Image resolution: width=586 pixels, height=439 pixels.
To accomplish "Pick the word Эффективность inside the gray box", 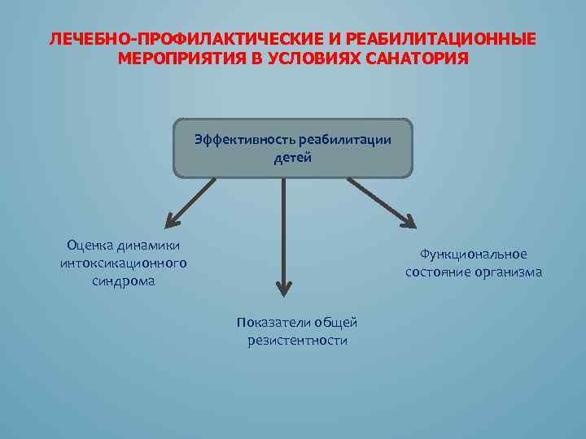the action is (244, 139).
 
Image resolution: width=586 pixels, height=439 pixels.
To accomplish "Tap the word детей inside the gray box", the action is (293, 157).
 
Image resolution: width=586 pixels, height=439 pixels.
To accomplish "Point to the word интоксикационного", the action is (123, 263).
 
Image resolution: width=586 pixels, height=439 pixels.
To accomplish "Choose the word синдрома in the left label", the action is (123, 281).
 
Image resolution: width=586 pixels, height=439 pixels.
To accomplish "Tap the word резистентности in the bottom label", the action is (297, 341).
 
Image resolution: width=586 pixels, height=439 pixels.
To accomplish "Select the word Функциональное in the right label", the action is (474, 254).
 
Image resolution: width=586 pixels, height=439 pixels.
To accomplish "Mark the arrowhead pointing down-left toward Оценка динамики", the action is (172, 218).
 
